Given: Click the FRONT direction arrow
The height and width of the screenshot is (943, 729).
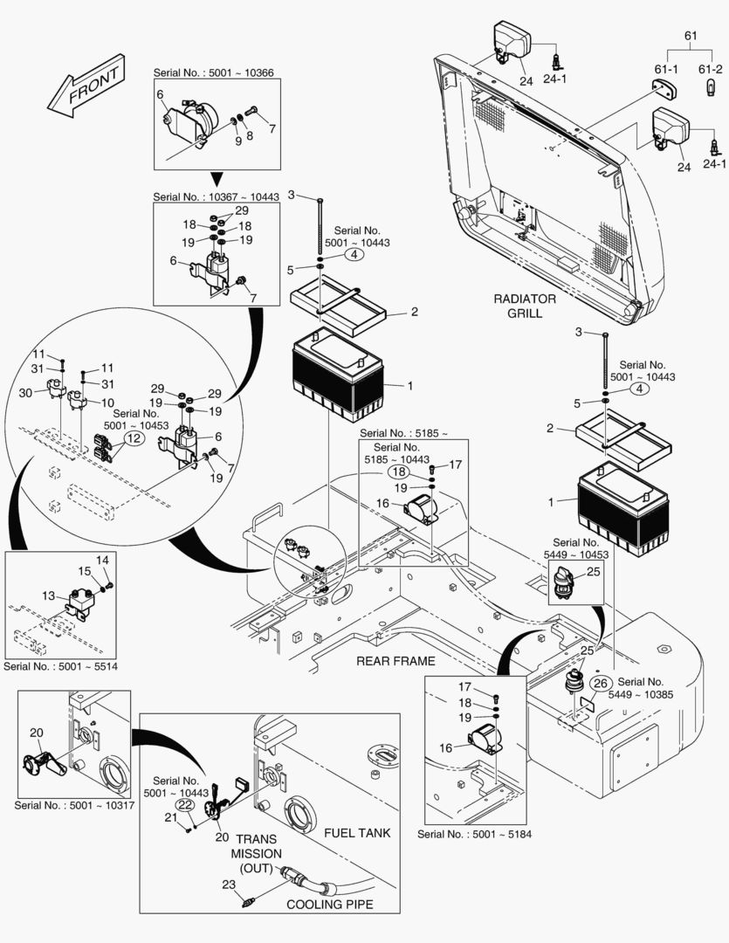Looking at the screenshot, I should point(85,87).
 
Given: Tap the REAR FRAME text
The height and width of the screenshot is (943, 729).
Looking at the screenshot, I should point(395,661).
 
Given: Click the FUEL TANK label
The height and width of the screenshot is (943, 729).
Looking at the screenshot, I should point(357,833).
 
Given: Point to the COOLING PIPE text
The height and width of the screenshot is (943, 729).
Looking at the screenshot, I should point(329,905).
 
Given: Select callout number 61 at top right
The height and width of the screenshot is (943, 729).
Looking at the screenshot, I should point(690,36).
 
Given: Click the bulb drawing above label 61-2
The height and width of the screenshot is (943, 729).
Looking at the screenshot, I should point(708,84).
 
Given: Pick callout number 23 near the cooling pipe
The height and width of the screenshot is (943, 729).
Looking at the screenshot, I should point(229,885).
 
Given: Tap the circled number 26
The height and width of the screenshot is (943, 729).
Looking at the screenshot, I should point(600,683).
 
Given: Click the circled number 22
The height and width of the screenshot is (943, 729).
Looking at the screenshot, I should point(184,804).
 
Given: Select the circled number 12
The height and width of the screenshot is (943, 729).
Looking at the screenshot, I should point(132,438).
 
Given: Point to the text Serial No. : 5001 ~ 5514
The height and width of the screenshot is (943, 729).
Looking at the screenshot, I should point(60,666).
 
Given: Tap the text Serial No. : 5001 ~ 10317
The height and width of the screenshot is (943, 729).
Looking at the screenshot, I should point(74,804).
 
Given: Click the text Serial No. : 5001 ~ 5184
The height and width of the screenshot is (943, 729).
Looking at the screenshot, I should point(474,834).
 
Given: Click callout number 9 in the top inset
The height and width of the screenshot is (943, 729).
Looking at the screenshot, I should point(238,140).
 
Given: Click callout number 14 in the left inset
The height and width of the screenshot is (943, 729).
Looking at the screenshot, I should point(102,560).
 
